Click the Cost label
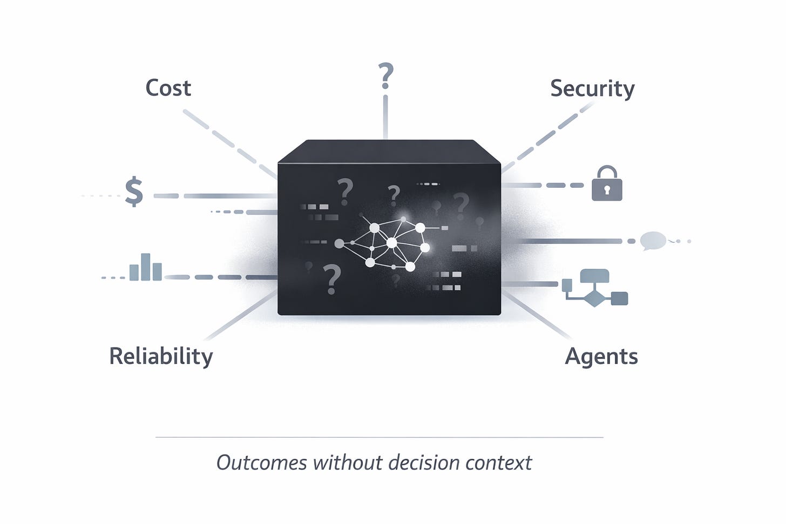[168, 88]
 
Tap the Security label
[592, 89]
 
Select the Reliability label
[161, 357]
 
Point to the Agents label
[601, 357]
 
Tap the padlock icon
[607, 184]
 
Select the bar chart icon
[145, 268]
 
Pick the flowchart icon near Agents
[595, 288]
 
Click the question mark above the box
[385, 76]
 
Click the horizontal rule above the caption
[379, 437]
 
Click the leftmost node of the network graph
[339, 243]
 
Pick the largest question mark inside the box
[332, 279]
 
